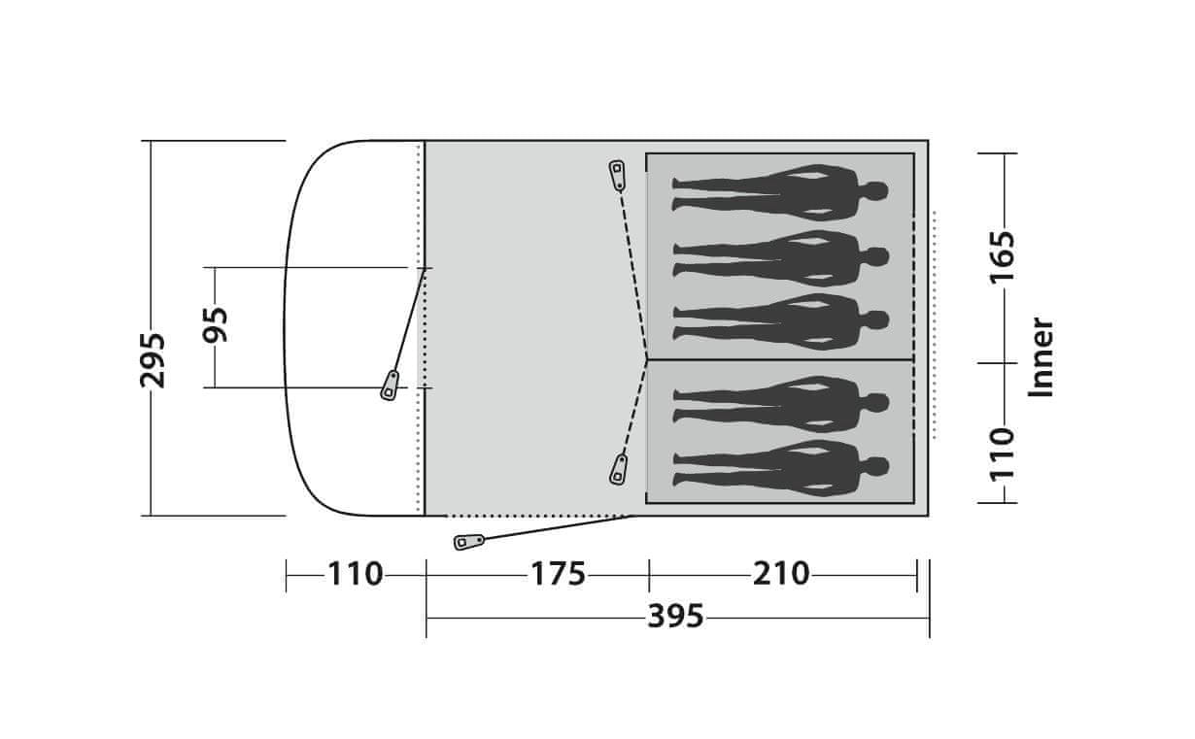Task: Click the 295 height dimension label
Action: (153, 360)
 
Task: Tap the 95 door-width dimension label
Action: (216, 324)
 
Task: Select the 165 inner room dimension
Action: (1003, 257)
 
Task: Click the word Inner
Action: (1041, 357)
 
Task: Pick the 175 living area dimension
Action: (558, 574)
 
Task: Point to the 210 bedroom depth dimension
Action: (781, 574)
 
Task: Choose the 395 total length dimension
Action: (676, 617)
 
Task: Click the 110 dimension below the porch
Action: (355, 574)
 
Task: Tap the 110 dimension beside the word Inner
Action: (1003, 454)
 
